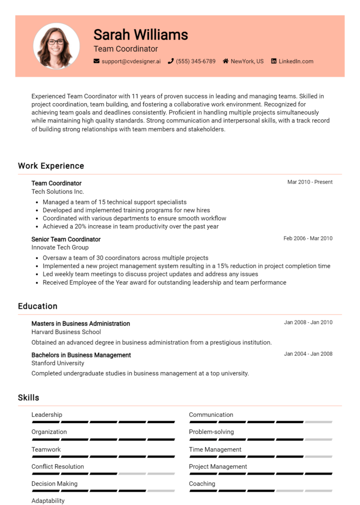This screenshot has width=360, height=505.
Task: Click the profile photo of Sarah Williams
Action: pos(56,46)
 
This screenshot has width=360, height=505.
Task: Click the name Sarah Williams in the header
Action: pos(141,34)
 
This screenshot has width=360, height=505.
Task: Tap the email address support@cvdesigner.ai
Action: pos(131,61)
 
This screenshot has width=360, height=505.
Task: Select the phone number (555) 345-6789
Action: pos(195,61)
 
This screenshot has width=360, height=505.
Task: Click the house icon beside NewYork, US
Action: pos(225,61)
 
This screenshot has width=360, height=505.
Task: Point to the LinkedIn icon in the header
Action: pos(274,61)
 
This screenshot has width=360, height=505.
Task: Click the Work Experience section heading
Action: pos(51,166)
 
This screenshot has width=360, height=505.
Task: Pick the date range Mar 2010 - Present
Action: pos(310,182)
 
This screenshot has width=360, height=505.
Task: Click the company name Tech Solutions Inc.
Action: pos(58,192)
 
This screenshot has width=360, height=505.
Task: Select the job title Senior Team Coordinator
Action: pos(66,239)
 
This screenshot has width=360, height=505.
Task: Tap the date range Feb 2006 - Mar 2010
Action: pos(308,238)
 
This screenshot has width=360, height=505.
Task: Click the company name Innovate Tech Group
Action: pos(60,247)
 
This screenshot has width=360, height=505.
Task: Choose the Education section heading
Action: pos(37,306)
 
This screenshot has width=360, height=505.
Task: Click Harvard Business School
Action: pos(66,332)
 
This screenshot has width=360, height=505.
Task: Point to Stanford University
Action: pos(58,363)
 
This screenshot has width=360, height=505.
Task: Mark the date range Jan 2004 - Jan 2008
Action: pos(308,354)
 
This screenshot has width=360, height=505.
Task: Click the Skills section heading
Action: pos(29,398)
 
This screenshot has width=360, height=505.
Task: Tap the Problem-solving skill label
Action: pos(211,432)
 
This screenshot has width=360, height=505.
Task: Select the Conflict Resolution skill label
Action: pos(58,467)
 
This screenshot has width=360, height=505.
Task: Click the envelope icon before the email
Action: pos(97,61)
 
